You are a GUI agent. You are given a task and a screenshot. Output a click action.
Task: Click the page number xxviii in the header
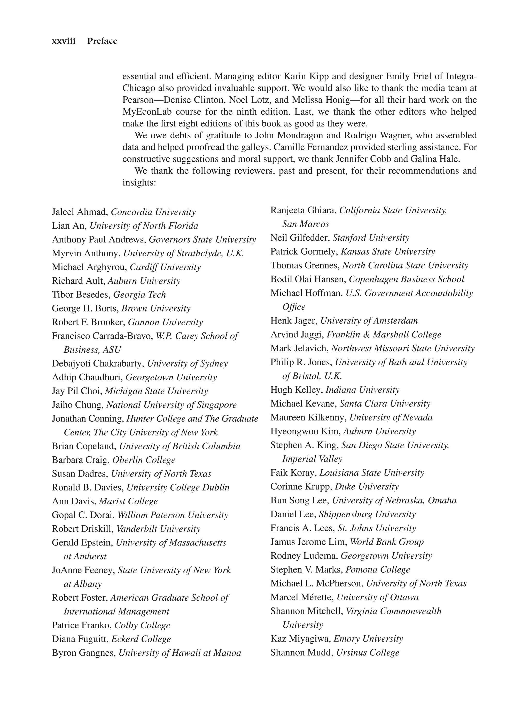coord(63,41)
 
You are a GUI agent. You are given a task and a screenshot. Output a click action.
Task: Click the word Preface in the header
coord(102,41)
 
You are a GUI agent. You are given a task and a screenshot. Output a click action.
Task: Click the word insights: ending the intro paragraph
coord(139,183)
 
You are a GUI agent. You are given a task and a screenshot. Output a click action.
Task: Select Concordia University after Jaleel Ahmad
coord(153,212)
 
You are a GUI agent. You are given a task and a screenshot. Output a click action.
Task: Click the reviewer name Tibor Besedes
coord(81,295)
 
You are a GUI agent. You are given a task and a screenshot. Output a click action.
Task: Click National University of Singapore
coord(171,404)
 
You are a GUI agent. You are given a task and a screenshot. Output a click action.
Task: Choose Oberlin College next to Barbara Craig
coord(144,460)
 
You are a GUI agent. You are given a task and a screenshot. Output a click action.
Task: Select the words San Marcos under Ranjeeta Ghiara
coord(306,224)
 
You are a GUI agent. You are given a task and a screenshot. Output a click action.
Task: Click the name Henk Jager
coord(294,320)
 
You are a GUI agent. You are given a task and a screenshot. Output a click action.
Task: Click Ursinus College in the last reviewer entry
coord(367,652)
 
